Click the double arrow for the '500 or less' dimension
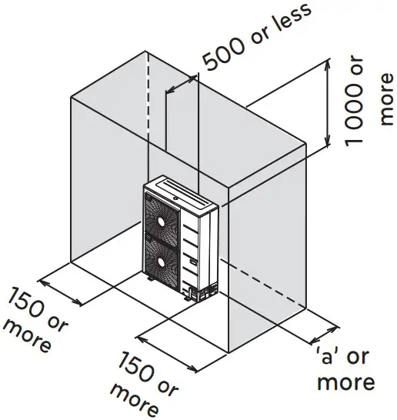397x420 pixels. click(182, 84)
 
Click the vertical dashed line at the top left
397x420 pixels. click(147, 100)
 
